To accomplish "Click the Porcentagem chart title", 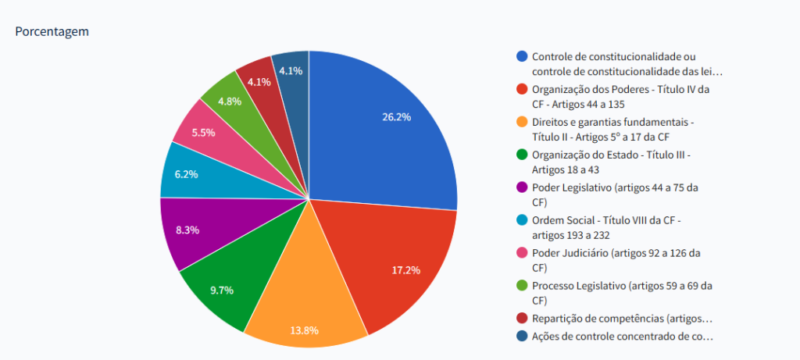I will pos(52,32).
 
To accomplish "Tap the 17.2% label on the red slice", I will pos(405,270).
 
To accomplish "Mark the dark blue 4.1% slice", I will pos(291,70).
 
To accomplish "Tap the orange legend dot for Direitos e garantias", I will pos(522,122).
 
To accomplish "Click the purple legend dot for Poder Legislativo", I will pos(522,187).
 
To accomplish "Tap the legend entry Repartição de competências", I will pos(622,319).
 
